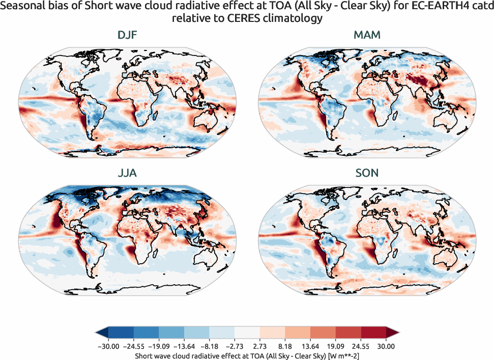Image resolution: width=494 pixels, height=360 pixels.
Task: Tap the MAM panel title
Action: tap(367, 36)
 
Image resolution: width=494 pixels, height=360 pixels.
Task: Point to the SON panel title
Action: tap(367, 173)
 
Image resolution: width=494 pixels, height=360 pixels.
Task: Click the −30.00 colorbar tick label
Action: tap(108, 346)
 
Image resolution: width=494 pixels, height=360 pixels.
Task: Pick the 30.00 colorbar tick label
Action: tap(386, 346)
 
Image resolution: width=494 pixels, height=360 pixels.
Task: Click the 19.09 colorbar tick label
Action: tap(336, 346)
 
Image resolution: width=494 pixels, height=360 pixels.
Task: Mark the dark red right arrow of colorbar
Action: tap(393, 333)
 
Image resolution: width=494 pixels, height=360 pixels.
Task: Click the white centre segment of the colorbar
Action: tap(247, 333)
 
